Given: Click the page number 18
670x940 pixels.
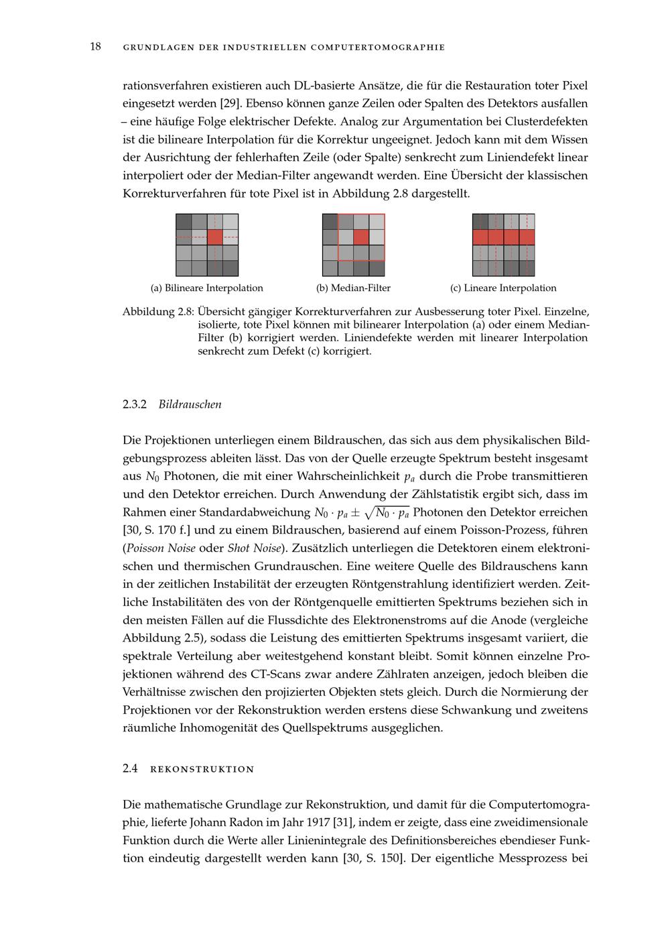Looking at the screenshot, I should tap(95, 46).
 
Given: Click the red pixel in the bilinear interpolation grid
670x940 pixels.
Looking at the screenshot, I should tap(214, 237).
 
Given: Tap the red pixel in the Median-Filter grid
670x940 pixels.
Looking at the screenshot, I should tap(361, 237).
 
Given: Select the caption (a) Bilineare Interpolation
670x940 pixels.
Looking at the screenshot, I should tap(206, 288).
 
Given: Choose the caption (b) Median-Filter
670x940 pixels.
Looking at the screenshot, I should tap(353, 288).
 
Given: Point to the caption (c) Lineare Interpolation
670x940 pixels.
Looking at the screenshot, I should tap(503, 288).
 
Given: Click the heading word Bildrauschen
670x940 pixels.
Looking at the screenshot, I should tap(190, 404).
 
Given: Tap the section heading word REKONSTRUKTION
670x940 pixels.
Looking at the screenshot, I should tap(202, 769).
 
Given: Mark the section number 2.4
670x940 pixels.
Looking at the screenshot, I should tap(130, 769).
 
